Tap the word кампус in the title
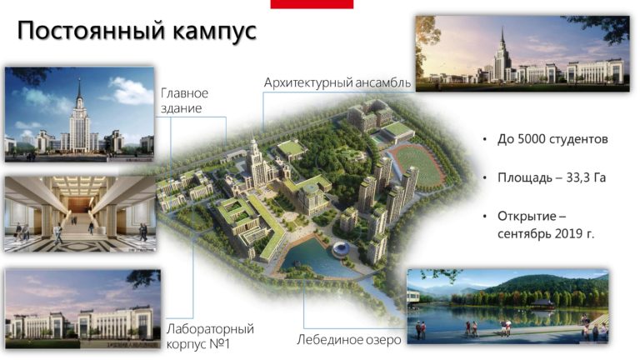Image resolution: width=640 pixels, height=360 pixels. (x=212, y=32)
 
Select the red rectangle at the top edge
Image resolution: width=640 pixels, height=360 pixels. (x=312, y=4)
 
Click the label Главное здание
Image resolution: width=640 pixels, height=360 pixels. (x=184, y=100)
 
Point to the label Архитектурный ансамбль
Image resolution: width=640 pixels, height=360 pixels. (x=337, y=82)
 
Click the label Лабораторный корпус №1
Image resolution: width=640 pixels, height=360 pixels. (x=210, y=336)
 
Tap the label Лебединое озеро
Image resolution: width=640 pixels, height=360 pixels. (x=349, y=340)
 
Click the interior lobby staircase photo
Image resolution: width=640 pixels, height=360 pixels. (x=80, y=214)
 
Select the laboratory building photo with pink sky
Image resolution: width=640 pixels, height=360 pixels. (x=82, y=309)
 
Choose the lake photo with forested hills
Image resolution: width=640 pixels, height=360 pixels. (x=507, y=306)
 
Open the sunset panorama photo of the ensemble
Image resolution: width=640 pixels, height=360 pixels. (x=522, y=53)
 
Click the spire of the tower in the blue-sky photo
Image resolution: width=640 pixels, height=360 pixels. (x=79, y=87)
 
